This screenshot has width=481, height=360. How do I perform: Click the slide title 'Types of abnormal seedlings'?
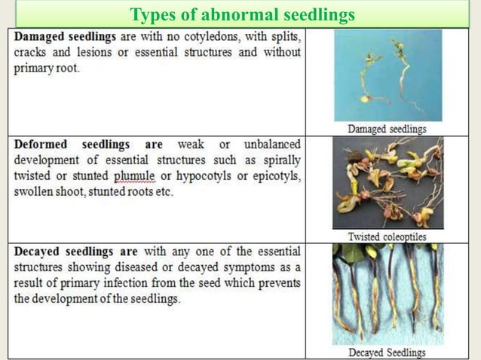(x=241, y=14)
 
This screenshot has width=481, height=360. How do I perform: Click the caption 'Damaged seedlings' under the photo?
(x=387, y=129)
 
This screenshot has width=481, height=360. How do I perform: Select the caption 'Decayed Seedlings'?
(x=387, y=352)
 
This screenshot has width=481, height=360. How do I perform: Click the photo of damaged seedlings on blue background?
(x=387, y=76)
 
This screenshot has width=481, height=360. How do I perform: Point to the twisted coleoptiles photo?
(x=388, y=183)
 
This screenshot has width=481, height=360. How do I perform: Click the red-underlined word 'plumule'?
(x=134, y=176)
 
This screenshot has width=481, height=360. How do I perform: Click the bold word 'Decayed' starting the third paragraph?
(x=39, y=251)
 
